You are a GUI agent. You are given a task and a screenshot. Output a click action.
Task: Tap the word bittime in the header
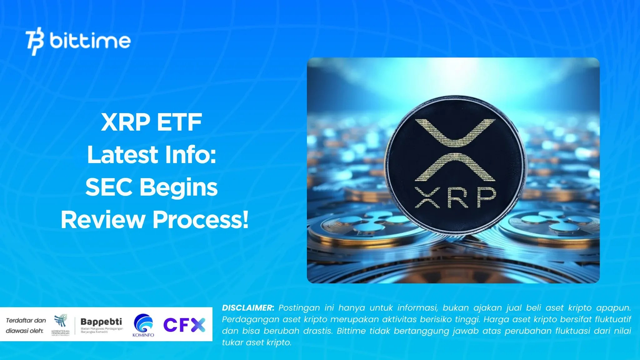coord(90,41)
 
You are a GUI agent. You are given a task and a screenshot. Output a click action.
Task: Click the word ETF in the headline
coord(179,122)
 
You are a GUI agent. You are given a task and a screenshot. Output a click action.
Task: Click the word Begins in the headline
coord(178,188)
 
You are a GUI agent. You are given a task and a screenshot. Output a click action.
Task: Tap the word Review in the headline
coord(102,220)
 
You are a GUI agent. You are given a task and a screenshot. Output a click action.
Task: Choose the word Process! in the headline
coord(200,220)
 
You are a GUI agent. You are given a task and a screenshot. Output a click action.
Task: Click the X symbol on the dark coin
coord(455,150)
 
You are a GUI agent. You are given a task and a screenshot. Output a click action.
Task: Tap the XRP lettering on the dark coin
coord(455,198)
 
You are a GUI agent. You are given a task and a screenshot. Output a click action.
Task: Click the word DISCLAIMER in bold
coord(248,308)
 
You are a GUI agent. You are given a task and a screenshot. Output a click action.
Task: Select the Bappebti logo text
coord(101,322)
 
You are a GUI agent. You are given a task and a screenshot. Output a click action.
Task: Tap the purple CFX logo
coord(184,325)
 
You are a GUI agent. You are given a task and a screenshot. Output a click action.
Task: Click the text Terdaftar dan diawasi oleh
coord(26,325)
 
